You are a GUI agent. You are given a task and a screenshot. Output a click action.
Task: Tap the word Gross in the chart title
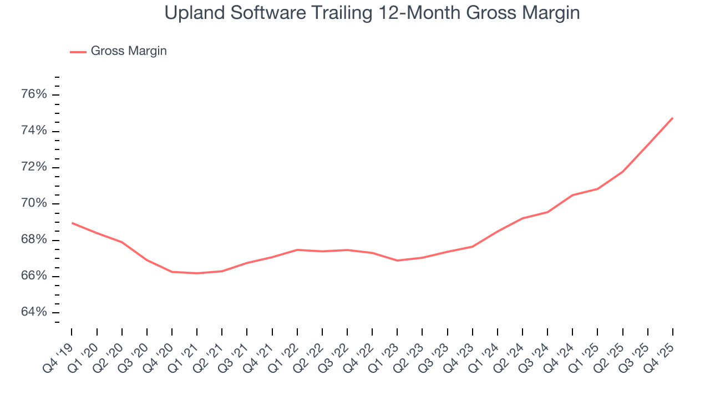coord(448,12)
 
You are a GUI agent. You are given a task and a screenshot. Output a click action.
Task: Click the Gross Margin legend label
coord(129,51)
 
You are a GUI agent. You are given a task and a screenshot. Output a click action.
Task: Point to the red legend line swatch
coord(78,52)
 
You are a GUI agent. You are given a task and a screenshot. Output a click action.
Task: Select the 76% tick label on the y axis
coord(34,94)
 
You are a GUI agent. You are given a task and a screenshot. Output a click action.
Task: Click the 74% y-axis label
coord(34,131)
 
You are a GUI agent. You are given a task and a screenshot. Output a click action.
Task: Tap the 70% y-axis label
coord(34,203)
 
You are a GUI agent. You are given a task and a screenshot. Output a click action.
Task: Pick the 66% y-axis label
coord(34,276)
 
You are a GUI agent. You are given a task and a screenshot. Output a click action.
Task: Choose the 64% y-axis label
coord(34,312)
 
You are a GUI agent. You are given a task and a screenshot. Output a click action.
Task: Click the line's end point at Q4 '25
coord(673,118)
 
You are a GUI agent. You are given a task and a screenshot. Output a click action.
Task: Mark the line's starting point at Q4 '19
coord(72,223)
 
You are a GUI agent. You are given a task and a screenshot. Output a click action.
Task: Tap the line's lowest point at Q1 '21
coord(197,273)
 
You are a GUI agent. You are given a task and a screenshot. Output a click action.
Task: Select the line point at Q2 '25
coord(623,172)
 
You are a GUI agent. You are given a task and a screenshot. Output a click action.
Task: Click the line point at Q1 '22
coord(297,249)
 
